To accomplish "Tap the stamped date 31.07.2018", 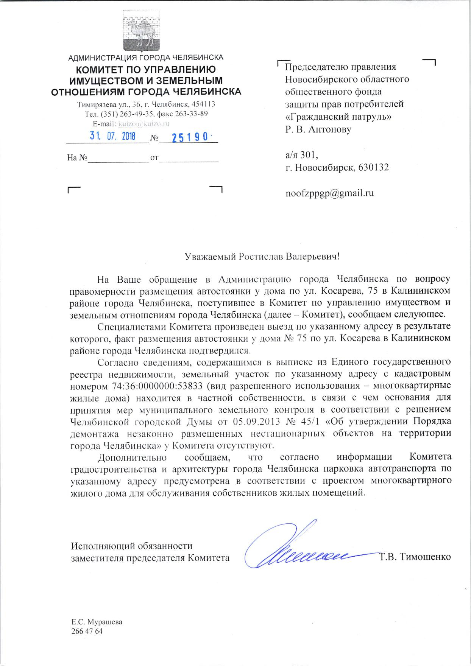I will pos(112,136).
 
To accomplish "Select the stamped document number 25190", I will pos(189,137).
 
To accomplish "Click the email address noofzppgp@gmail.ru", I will pos(329,193).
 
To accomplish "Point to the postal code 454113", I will pos(204,104).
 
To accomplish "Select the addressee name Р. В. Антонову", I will pos(318,129).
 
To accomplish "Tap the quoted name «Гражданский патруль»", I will pos(338,117).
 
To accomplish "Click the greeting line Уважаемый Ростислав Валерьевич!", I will pos(262,257).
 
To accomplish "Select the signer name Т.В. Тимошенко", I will pos(415,557).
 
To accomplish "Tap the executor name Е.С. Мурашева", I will pos(97,622).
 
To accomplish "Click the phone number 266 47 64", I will pos(87,631).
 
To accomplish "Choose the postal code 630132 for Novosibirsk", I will pos(373,167).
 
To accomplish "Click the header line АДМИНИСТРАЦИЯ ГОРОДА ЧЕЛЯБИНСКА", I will pos(145,58).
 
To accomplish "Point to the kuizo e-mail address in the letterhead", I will pos(144,124).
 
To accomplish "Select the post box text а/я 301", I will pos(301,154).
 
